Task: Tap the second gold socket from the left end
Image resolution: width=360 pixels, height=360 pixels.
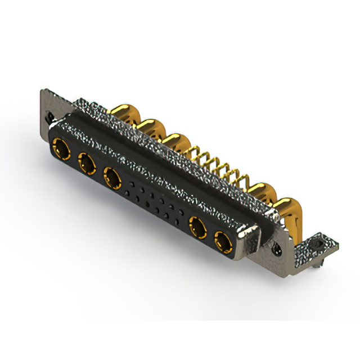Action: (87, 164)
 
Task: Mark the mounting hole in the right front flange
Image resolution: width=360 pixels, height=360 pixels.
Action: (276, 246)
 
